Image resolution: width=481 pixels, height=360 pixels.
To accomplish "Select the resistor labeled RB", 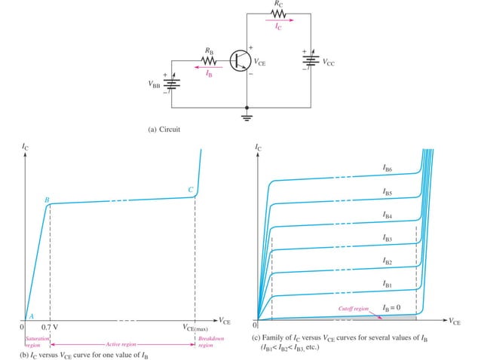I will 210,61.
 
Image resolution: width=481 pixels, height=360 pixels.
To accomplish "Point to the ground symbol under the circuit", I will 249,116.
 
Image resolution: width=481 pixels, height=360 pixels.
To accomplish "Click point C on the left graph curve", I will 191,189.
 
